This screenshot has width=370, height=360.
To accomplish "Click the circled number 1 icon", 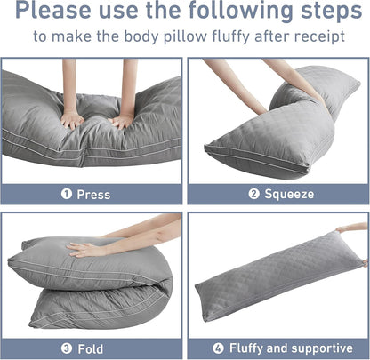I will coord(66,193).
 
